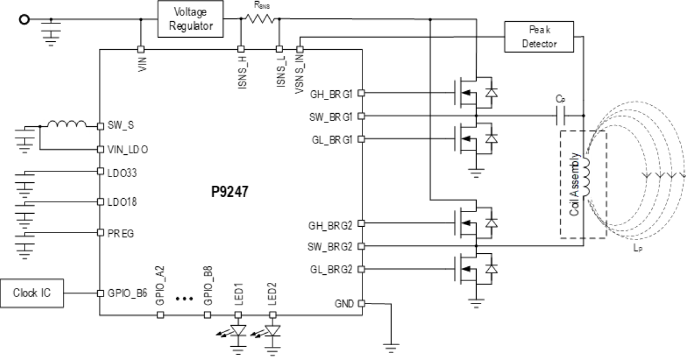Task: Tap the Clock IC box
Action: coord(33,293)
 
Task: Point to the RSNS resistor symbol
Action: coord(260,19)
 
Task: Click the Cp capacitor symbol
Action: coord(561,116)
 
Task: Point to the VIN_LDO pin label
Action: coord(127,150)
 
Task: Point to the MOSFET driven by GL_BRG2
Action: coord(464,270)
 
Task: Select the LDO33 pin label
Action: coord(122,171)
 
